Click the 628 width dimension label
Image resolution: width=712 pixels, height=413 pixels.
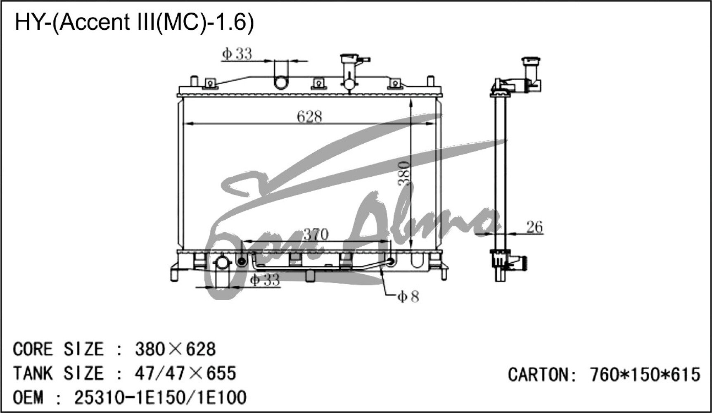tap(309, 117)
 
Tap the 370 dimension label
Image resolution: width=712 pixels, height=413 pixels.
tap(316, 235)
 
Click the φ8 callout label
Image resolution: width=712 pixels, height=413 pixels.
tap(408, 296)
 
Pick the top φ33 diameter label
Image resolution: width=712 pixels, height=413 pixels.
tap(237, 54)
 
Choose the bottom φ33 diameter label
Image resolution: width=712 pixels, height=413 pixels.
tap(265, 280)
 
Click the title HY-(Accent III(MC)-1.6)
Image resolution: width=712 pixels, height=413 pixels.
tap(134, 22)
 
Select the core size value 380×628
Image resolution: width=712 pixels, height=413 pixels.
tap(175, 349)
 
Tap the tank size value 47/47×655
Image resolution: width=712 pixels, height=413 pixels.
tap(185, 373)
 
